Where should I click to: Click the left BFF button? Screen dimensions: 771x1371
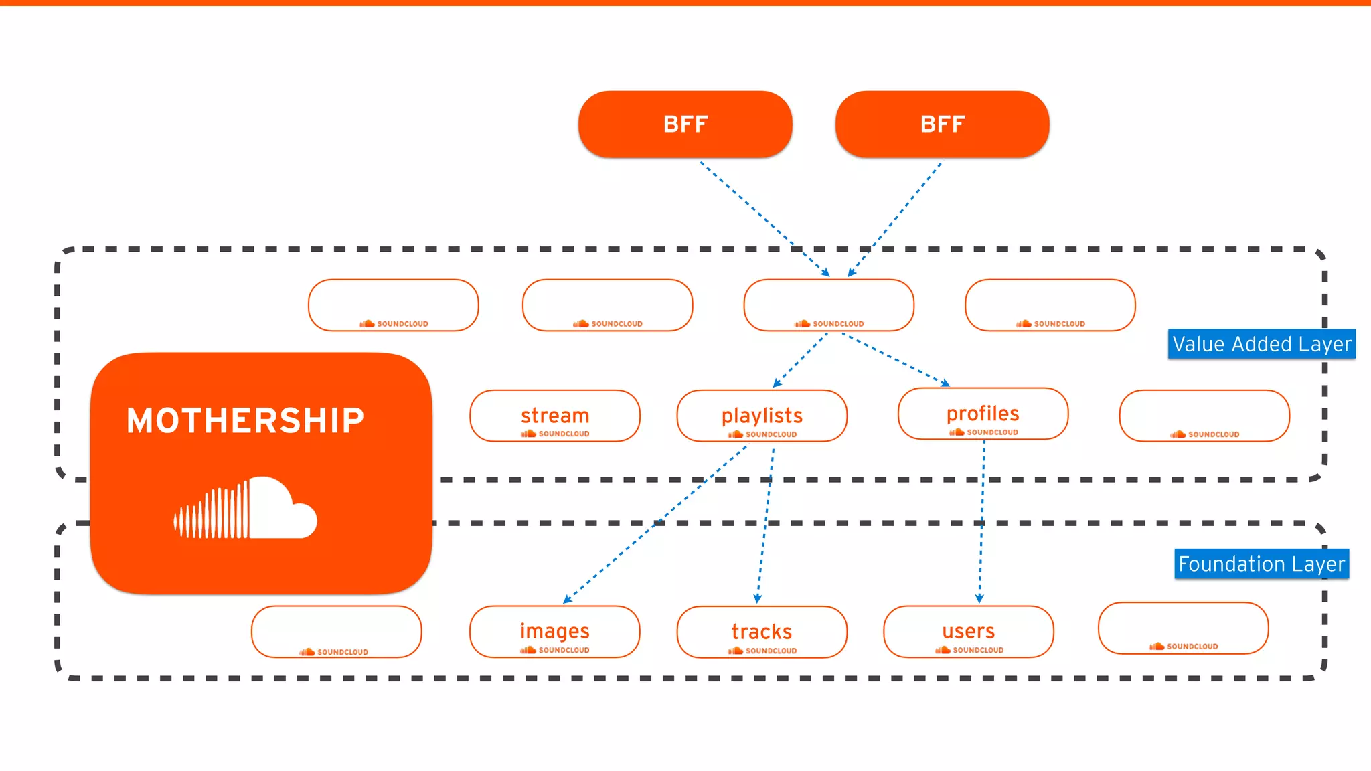tap(685, 124)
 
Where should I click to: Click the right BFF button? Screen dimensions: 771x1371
tap(942, 124)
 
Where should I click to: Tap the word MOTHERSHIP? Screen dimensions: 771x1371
tap(246, 421)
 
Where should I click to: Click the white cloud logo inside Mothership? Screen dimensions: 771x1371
tap(246, 509)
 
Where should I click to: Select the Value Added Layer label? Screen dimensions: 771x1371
tap(1261, 344)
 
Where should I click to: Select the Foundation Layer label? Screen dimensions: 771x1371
tap(1261, 564)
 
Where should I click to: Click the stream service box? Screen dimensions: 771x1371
tap(555, 416)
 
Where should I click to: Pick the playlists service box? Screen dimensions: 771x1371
tap(762, 416)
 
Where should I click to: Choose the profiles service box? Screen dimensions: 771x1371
tap(983, 414)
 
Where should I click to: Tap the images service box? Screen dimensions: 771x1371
tap(555, 632)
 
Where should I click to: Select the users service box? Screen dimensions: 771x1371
tap(969, 632)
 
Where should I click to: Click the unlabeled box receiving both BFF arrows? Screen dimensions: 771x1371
tap(829, 305)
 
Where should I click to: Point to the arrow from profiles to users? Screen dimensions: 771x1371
tap(982, 522)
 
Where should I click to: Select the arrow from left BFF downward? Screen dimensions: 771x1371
tap(763, 218)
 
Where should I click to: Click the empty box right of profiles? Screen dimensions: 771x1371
tap(1204, 416)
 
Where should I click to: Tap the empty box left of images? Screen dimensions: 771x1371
tap(337, 632)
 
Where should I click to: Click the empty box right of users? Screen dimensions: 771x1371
tap(1183, 628)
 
